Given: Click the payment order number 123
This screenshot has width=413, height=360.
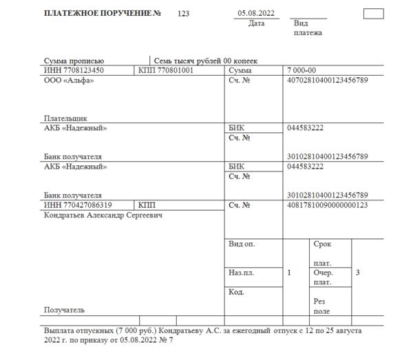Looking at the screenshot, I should pyautogui.click(x=183, y=14).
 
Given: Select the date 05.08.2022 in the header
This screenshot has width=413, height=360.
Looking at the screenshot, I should pyautogui.click(x=256, y=14).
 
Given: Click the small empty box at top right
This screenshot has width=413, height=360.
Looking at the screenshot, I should pyautogui.click(x=373, y=13).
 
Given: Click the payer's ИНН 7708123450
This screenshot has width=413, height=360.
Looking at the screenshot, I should pyautogui.click(x=74, y=71).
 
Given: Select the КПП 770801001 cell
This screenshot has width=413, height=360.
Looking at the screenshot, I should pyautogui.click(x=166, y=71).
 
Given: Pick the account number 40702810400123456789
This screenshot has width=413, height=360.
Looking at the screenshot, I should pyautogui.click(x=327, y=81).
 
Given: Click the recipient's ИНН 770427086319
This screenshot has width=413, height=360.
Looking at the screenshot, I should pyautogui.click(x=78, y=205).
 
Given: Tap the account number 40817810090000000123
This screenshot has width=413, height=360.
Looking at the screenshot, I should pyautogui.click(x=327, y=205).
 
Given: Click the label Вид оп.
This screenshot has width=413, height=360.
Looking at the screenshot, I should pyautogui.click(x=241, y=244).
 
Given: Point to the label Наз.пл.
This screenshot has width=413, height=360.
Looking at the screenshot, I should pyautogui.click(x=241, y=273).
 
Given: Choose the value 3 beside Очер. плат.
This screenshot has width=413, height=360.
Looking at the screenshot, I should pyautogui.click(x=357, y=273).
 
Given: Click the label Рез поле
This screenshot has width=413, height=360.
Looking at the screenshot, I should pyautogui.click(x=321, y=306).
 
